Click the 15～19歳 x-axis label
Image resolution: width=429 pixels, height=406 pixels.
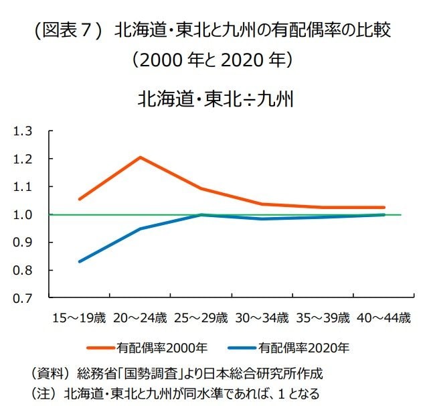point(78,318)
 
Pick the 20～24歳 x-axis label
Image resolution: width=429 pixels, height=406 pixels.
point(140,318)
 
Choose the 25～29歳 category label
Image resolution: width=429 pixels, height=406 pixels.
point(201,318)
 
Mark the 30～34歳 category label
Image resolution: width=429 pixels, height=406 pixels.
point(262,318)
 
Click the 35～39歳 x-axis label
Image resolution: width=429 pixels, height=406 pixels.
point(323,318)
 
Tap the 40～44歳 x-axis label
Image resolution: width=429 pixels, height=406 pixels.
point(384,318)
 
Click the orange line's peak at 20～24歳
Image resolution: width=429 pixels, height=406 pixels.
point(141,157)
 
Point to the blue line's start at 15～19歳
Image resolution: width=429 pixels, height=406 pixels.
point(79,261)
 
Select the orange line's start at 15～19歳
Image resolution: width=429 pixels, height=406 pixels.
point(79,199)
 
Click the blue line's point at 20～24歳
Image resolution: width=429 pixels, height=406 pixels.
point(141,228)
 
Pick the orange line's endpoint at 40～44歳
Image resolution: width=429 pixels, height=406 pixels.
point(384,208)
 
